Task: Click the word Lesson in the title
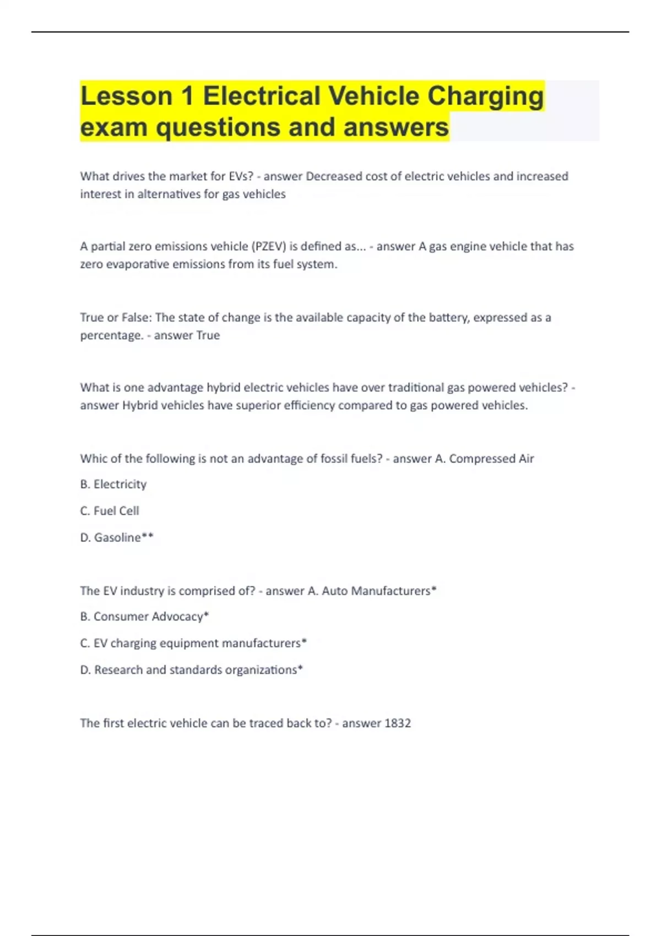127,96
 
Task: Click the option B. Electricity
113,484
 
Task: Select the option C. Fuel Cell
109,511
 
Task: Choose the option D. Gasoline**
116,537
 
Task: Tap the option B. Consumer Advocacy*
144,617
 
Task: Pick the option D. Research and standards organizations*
191,670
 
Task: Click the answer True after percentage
208,335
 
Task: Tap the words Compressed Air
491,459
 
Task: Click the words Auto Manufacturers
376,591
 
